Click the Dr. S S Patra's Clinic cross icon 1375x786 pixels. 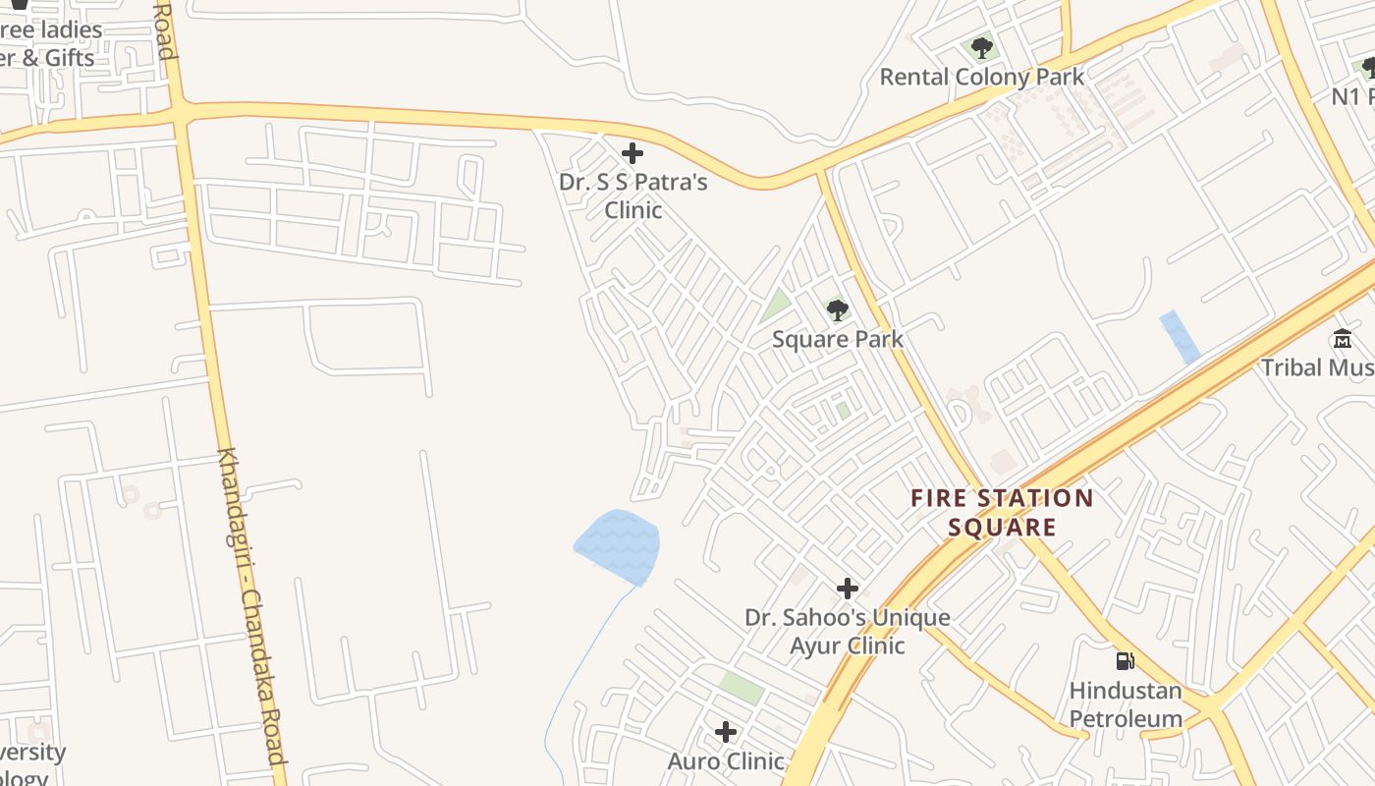tap(632, 153)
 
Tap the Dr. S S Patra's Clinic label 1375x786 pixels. tap(632, 196)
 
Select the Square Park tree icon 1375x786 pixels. tap(837, 310)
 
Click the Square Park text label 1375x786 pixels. tap(837, 339)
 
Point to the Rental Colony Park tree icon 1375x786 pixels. tap(981, 47)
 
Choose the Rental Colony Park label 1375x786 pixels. tap(981, 77)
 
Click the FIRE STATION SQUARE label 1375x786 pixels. tap(1002, 512)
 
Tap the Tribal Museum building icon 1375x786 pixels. tap(1342, 339)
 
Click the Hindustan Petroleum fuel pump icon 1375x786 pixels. tap(1126, 660)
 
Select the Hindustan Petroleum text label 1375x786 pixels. tap(1126, 704)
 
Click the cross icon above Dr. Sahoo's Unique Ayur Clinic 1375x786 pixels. tap(847, 589)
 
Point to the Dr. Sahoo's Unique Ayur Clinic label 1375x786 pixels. tap(847, 631)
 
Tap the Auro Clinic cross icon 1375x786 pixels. tap(726, 732)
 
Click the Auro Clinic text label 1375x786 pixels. tap(726, 761)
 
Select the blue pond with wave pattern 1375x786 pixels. tap(618, 546)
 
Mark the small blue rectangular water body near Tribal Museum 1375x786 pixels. tap(1179, 336)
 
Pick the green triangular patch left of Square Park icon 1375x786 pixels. tap(776, 305)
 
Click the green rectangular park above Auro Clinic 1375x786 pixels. tap(742, 687)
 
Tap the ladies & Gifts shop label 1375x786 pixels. tap(49, 44)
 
